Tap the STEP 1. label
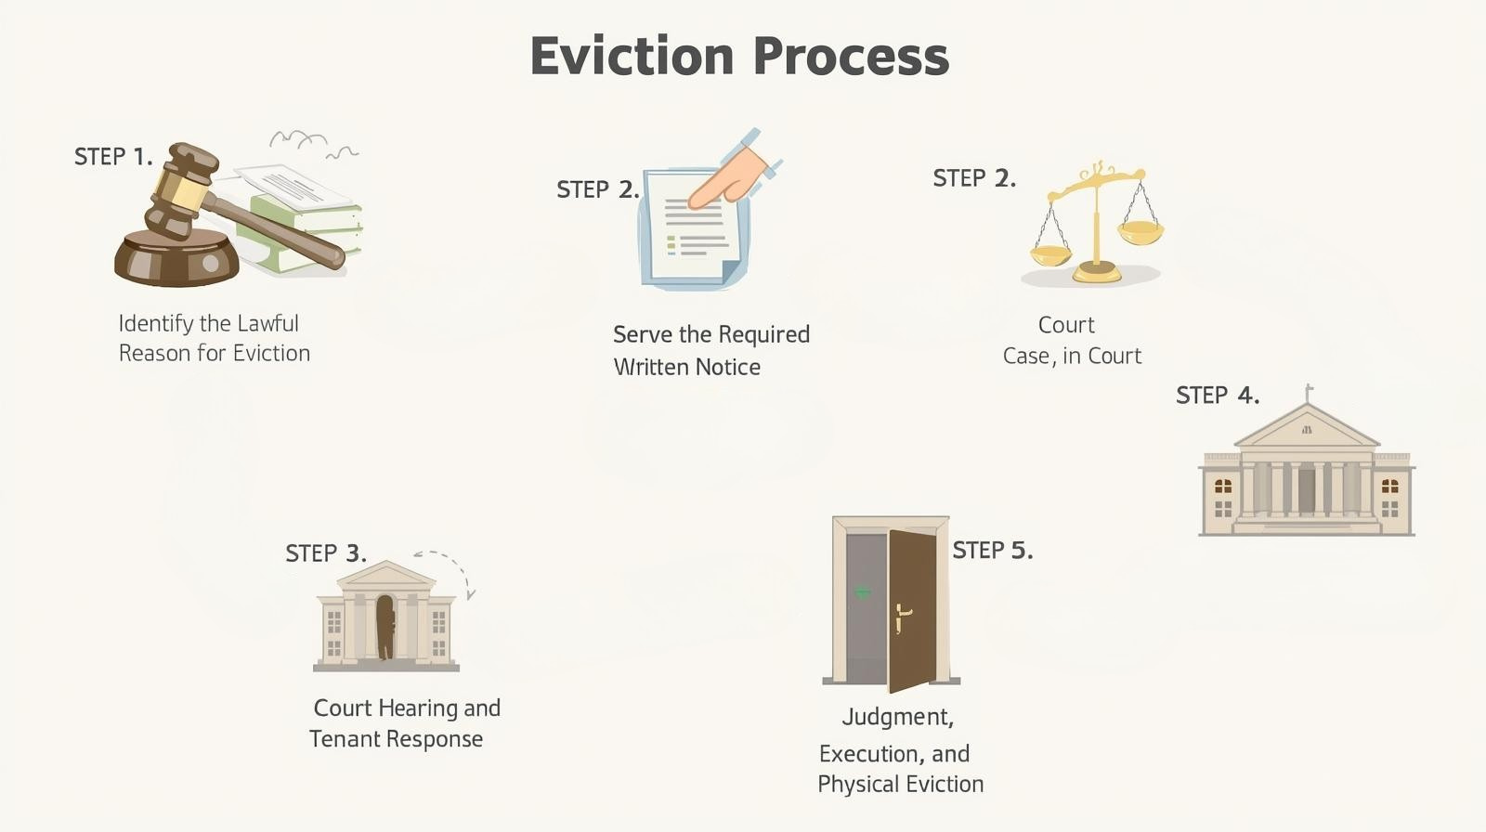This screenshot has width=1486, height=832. pos(112,157)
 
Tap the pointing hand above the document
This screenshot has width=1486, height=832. pos(729,176)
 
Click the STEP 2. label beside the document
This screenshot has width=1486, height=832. pos(597,189)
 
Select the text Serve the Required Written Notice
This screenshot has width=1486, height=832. pos(710,350)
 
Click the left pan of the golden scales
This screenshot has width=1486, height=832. pos(1050,253)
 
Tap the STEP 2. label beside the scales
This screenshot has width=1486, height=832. pos(973,178)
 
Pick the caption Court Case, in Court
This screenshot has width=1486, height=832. pos(1071,341)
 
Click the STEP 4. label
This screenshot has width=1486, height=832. pos(1217,396)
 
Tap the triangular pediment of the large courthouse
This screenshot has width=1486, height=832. pos(1307,429)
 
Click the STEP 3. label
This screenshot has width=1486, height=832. pos(325,553)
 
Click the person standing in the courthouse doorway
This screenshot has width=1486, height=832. pos(385,627)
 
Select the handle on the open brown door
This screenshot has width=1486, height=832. pos(902,616)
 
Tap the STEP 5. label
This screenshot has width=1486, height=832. pos(992,551)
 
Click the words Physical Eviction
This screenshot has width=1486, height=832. pos(900,784)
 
